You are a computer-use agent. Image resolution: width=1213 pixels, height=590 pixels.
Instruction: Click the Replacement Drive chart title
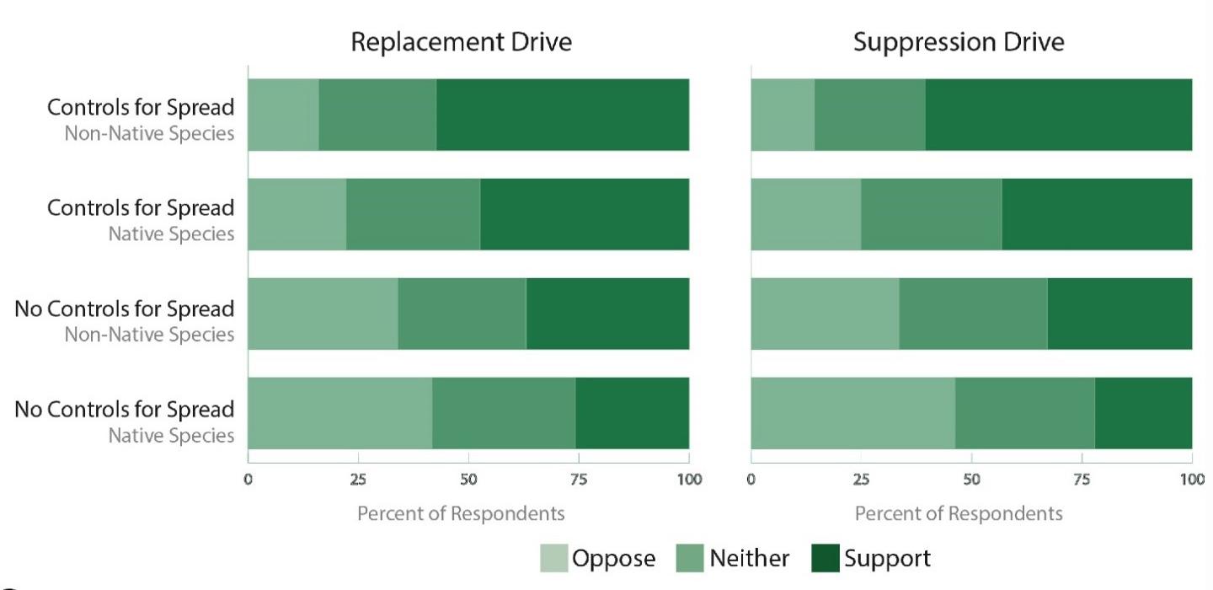[x=461, y=42]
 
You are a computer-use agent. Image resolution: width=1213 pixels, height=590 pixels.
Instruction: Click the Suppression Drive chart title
[x=959, y=42]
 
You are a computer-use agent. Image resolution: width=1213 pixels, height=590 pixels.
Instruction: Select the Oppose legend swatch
[x=553, y=558]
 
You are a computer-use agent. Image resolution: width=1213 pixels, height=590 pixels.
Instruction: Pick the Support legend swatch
[x=826, y=558]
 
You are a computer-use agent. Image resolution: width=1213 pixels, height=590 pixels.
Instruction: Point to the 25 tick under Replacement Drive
[x=358, y=480]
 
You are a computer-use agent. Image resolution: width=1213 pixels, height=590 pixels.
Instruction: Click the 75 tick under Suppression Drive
[x=1082, y=480]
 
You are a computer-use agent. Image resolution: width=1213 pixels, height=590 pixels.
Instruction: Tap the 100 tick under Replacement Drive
[x=689, y=480]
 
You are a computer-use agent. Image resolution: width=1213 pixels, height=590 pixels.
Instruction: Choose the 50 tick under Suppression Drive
[x=971, y=480]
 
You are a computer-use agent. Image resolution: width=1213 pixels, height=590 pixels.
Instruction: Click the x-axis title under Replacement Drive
[x=461, y=512]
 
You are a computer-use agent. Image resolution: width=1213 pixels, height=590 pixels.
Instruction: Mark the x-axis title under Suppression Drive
[x=959, y=512]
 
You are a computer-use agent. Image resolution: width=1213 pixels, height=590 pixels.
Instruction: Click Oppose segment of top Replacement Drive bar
[x=283, y=115]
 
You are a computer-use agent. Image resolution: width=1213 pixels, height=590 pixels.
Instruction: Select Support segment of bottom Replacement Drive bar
[x=632, y=413]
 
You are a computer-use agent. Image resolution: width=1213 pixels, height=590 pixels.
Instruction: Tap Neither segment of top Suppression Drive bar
[x=869, y=115]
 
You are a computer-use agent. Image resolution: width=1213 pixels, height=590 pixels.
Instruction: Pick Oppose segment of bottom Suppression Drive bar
[x=852, y=413]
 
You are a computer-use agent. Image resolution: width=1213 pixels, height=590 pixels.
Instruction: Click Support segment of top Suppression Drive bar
[x=1058, y=115]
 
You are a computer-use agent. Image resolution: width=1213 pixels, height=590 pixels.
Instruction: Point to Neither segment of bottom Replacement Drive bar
[x=504, y=413]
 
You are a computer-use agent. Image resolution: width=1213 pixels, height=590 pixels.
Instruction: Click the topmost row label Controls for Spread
[x=141, y=108]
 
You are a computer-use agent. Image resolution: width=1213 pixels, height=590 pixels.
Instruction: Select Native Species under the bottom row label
[x=171, y=436]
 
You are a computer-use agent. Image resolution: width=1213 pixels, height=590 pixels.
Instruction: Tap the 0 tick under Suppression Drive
[x=751, y=480]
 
